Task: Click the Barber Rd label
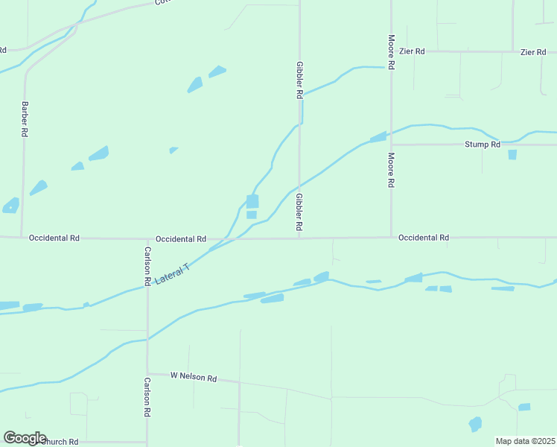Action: (x=25, y=118)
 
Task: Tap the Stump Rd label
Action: (x=482, y=145)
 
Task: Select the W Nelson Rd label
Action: (x=193, y=378)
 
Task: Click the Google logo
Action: (x=25, y=438)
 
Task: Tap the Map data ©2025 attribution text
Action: (x=525, y=441)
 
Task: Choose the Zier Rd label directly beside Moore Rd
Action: (x=411, y=51)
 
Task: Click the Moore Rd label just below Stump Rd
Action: (x=391, y=170)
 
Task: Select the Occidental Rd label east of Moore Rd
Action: (x=423, y=238)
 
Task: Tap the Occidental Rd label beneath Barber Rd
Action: (x=54, y=238)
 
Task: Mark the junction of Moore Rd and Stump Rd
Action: (x=391, y=145)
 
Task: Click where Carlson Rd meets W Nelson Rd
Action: (x=147, y=374)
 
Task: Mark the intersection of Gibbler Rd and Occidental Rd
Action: (x=299, y=238)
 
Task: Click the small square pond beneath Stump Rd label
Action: (x=512, y=154)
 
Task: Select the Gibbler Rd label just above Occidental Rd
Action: (x=299, y=212)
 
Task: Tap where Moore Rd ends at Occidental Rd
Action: (x=391, y=238)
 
